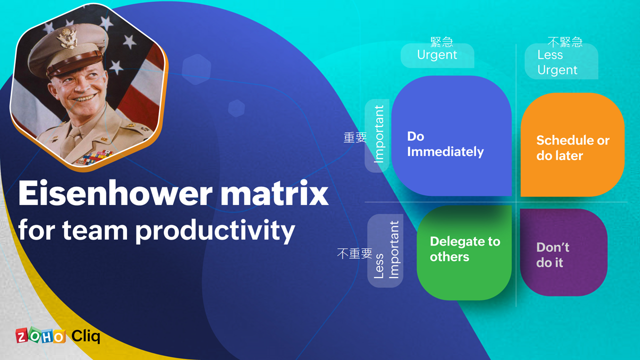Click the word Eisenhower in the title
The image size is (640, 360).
(115, 193)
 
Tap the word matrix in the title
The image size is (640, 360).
(274, 193)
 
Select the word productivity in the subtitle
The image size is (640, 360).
(215, 231)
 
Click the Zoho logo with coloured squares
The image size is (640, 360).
(40, 335)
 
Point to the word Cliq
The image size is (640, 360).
(85, 336)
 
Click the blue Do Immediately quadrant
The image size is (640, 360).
(451, 135)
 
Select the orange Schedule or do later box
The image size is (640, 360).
(572, 144)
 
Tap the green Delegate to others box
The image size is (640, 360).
(464, 252)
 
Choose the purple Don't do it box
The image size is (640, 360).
(563, 252)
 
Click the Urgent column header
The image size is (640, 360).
(437, 55)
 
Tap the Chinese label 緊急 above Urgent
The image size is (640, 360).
(441, 42)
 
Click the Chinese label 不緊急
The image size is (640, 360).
(565, 42)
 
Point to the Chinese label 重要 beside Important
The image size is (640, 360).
(355, 137)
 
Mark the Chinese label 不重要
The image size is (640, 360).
(354, 253)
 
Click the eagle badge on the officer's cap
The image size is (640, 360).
(67, 37)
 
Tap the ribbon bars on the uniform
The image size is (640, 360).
(94, 157)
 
